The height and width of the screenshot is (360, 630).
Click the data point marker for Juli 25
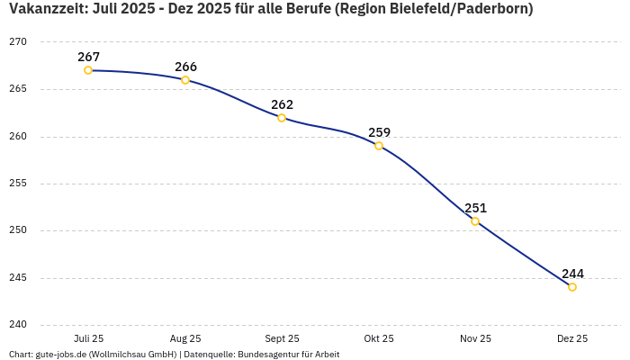[88, 70]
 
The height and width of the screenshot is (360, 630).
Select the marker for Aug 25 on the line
[185, 80]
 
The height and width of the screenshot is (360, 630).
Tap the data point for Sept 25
[282, 118]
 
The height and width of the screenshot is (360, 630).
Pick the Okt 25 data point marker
[379, 146]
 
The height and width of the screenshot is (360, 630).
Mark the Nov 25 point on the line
[475, 221]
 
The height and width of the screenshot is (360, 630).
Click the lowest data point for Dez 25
[572, 287]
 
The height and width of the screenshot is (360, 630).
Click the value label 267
[88, 57]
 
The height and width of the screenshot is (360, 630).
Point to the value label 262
[282, 104]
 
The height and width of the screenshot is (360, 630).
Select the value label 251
[475, 208]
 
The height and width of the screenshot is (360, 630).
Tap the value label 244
[572, 274]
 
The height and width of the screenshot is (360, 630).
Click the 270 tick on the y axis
[19, 42]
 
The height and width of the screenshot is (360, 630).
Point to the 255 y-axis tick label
[19, 184]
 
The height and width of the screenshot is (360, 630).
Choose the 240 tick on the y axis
[19, 325]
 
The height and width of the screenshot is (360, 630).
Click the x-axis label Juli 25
[88, 339]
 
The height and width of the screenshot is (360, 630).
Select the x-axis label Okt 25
[379, 339]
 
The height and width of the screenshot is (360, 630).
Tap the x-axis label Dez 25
[572, 339]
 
